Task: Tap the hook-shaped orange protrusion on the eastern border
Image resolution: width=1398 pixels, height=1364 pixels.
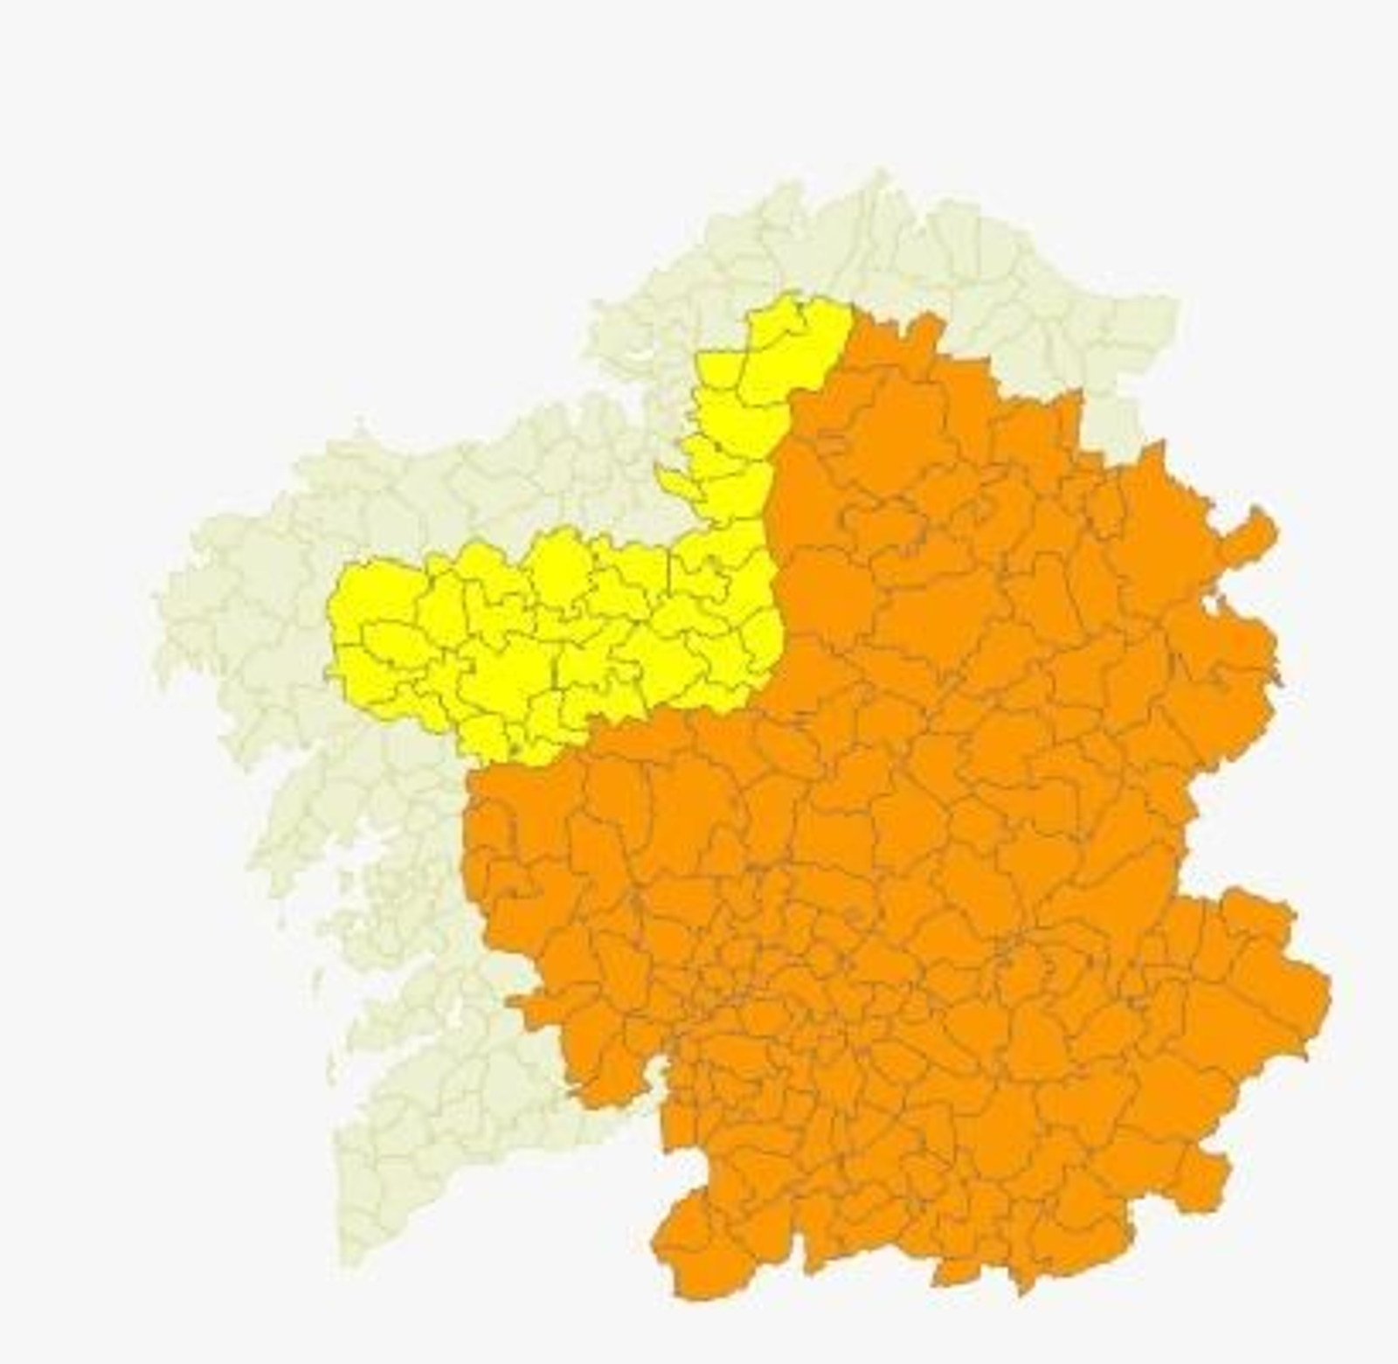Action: (1258, 524)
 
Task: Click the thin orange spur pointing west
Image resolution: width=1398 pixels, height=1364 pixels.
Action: (524, 1005)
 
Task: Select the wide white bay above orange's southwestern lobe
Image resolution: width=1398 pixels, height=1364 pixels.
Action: (690, 1167)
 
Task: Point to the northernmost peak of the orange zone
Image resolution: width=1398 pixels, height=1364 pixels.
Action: (926, 316)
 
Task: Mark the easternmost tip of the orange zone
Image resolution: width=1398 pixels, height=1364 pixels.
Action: (1329, 992)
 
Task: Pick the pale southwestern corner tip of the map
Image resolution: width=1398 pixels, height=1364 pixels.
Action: (349, 1258)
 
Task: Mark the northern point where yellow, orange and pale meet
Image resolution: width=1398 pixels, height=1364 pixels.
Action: (852, 306)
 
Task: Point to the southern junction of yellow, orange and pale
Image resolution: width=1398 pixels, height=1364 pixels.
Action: (472, 769)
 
